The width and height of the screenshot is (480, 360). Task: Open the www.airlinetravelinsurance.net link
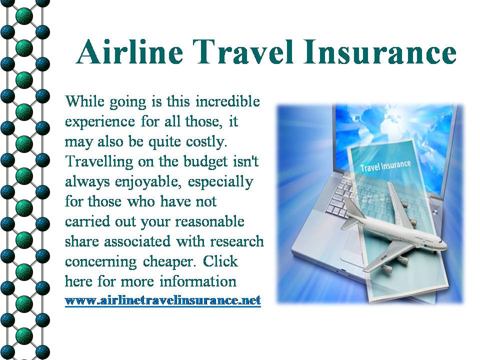point(163,300)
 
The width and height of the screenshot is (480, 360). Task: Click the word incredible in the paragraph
point(227,101)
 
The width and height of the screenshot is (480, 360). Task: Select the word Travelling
point(99,162)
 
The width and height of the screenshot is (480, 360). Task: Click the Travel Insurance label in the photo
point(385,165)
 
